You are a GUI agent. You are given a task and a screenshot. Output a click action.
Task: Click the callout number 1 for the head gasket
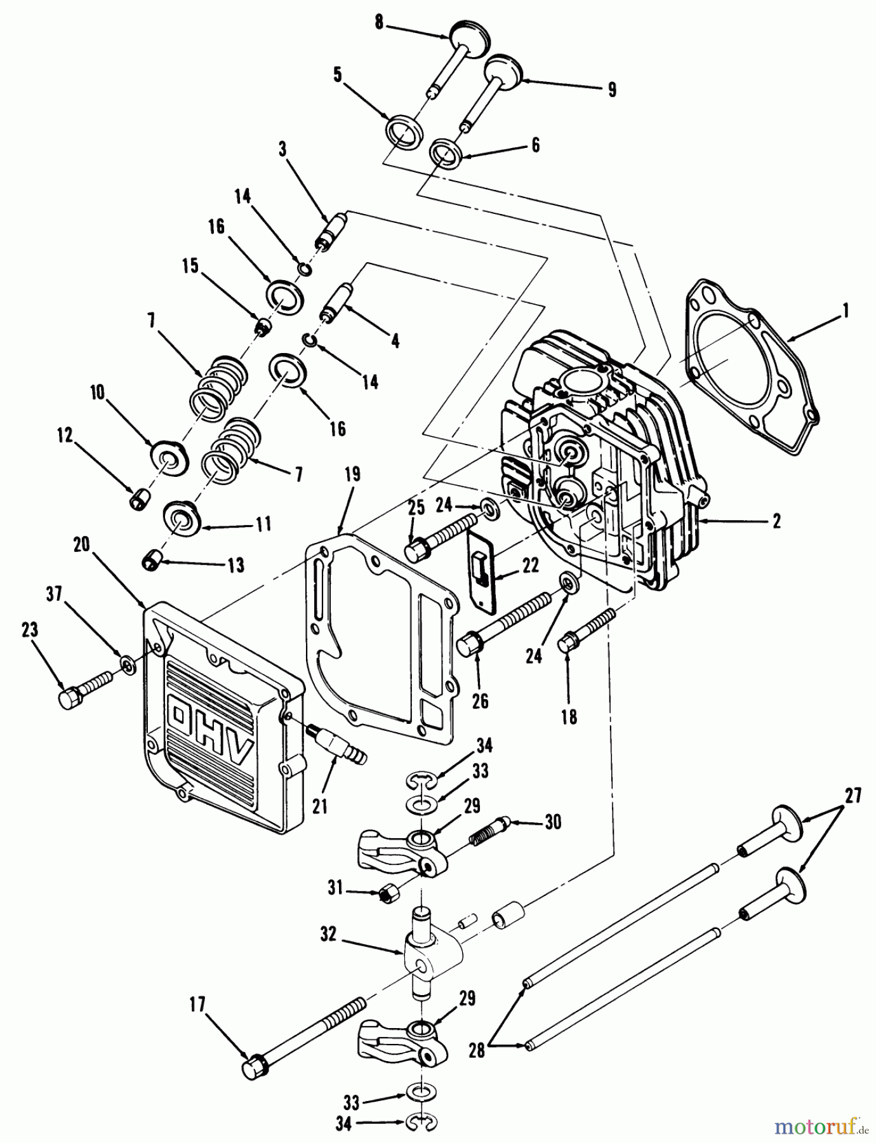click(845, 311)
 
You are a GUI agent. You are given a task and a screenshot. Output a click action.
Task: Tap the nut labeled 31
click(387, 894)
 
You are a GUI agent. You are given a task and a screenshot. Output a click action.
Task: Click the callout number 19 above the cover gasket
click(352, 474)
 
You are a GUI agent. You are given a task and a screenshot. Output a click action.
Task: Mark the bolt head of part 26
click(469, 644)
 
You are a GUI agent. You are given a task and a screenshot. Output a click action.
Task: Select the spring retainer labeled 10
click(168, 455)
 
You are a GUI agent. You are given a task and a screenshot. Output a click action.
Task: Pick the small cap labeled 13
click(153, 559)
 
